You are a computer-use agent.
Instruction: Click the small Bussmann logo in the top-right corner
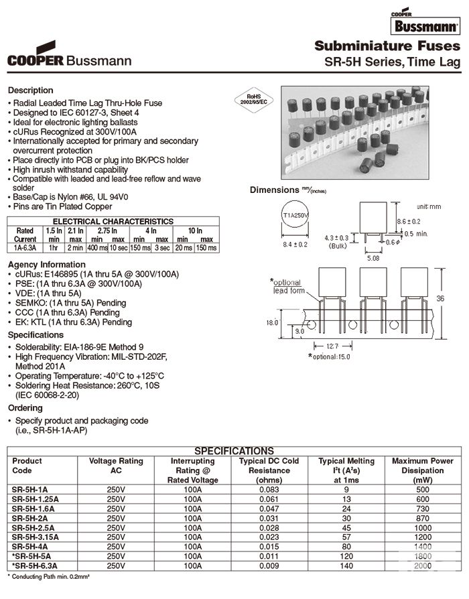point(426,25)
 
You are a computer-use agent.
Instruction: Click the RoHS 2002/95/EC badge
point(256,101)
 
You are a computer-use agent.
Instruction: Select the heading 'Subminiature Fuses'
point(387,46)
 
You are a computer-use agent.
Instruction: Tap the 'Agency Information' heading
point(46,264)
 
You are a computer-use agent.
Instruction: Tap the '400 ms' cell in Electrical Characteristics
point(97,247)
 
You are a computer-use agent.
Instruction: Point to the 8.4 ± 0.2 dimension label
point(295,245)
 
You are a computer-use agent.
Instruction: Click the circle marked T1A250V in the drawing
point(295,215)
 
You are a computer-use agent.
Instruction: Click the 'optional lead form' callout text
point(289,286)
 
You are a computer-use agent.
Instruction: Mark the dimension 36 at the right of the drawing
point(457,298)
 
